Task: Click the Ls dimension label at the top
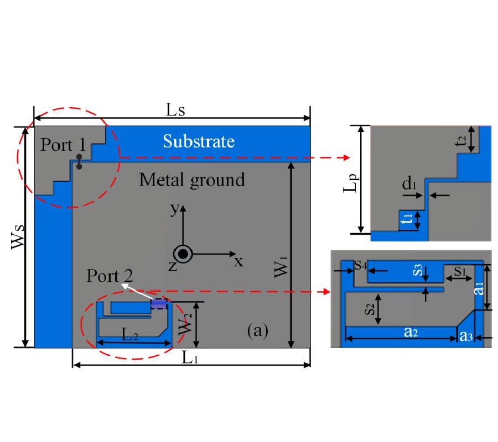coord(176,109)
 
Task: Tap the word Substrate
coord(199,141)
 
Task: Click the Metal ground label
coord(191,180)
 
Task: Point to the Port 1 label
coord(62,145)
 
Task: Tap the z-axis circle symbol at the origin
coord(183,254)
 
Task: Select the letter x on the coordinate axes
coord(238,261)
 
